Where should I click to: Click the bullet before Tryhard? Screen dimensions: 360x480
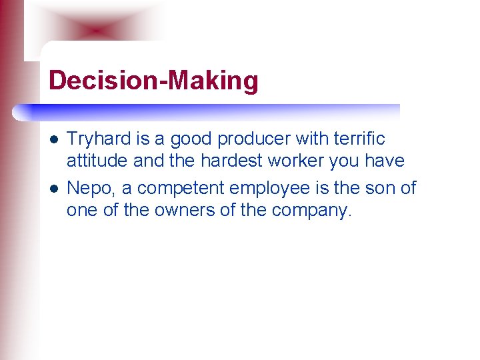53,140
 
